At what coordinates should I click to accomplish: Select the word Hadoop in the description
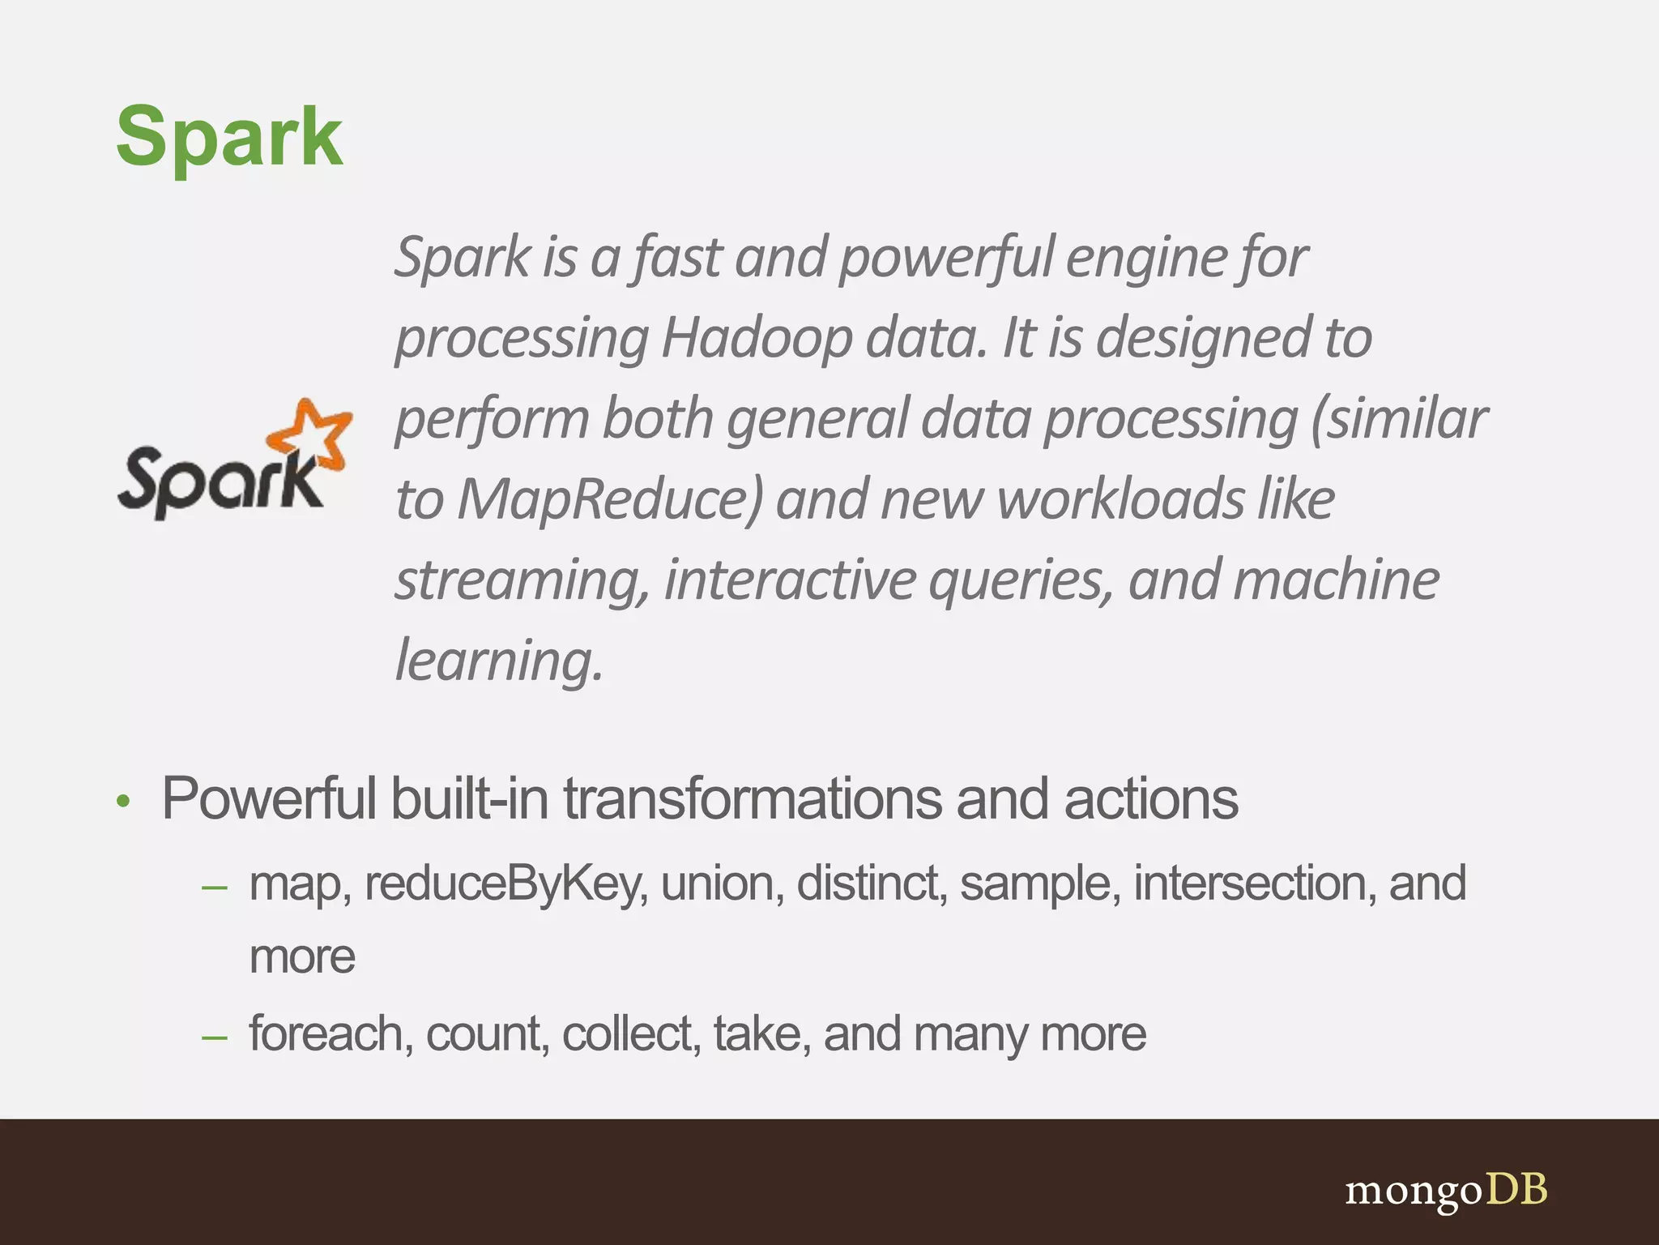coord(757,338)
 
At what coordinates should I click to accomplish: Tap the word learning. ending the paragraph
coord(499,661)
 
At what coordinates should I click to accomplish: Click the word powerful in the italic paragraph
coord(946,258)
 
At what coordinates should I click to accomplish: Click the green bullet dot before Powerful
coord(123,802)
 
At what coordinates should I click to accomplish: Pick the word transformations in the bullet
coord(753,799)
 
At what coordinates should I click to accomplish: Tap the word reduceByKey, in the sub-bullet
coord(506,883)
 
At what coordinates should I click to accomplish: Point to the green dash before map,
coord(215,888)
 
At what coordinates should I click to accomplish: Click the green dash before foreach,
coord(215,1037)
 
